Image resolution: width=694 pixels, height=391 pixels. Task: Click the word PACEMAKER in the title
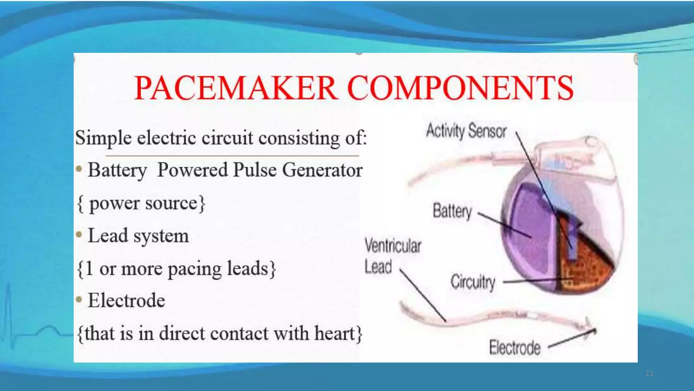[236, 88]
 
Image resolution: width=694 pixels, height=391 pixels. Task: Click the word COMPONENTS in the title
[460, 88]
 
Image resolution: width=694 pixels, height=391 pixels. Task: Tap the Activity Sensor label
[466, 131]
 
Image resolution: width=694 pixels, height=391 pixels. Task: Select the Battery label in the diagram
[452, 211]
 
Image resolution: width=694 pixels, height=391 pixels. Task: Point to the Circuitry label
[473, 282]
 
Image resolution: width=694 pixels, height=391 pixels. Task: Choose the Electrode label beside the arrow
[515, 348]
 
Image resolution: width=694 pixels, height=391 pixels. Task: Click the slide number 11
[649, 373]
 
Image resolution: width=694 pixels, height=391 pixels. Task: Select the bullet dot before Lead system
[79, 234]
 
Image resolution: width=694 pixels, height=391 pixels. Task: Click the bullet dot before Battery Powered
[79, 168]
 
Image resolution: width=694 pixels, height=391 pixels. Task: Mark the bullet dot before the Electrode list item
[79, 299]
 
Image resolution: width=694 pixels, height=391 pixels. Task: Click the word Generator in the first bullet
[322, 170]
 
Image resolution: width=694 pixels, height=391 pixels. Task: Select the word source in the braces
[171, 203]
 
